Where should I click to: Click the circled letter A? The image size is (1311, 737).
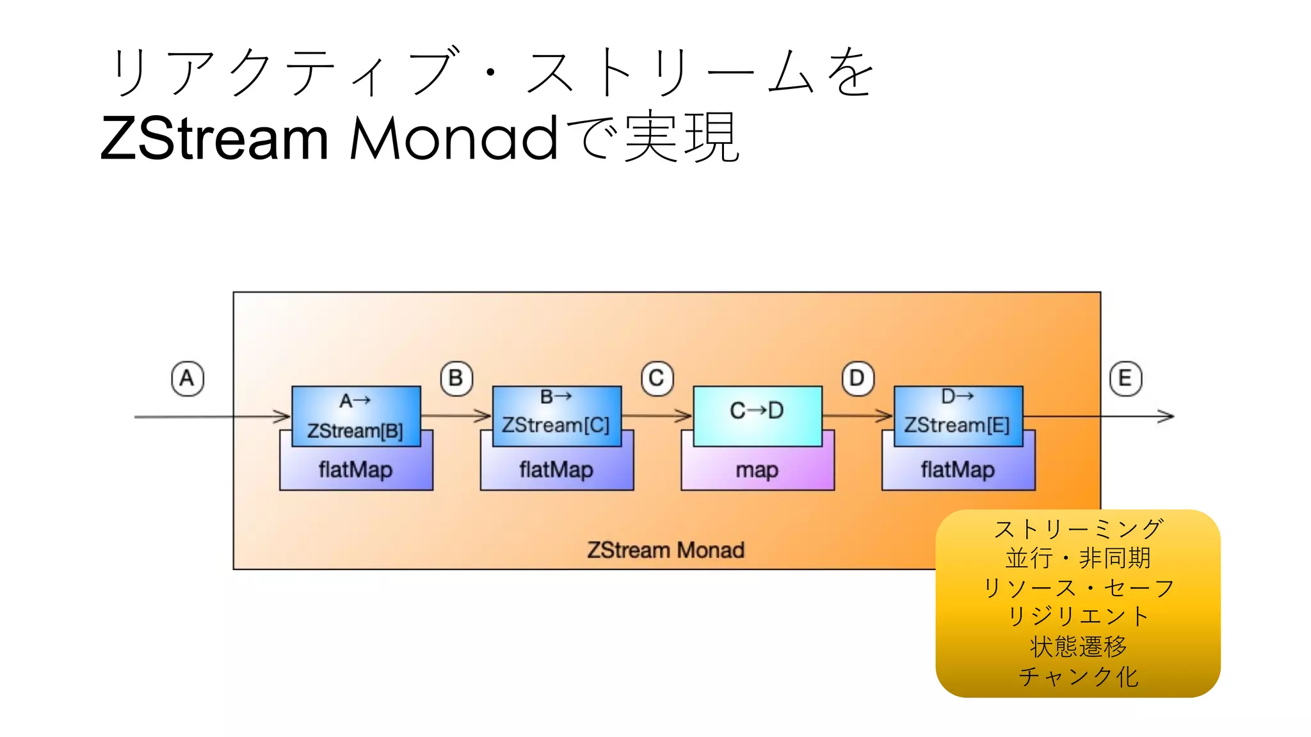[187, 378]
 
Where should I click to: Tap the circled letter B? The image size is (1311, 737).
[456, 378]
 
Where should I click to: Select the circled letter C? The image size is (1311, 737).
[657, 378]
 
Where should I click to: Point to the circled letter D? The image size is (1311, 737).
[857, 378]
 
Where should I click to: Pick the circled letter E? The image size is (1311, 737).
[1125, 378]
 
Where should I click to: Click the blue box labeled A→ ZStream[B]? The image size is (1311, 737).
[356, 416]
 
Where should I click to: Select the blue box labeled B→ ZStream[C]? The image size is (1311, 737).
[556, 416]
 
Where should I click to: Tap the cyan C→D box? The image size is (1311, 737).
[757, 415]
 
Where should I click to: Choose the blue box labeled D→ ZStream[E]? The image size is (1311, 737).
[958, 416]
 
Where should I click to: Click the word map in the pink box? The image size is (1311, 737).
[757, 470]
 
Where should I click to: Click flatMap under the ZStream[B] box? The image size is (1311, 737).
[356, 470]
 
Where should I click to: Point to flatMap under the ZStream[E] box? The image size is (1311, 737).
[958, 470]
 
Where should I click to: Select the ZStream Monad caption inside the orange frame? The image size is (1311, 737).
[666, 550]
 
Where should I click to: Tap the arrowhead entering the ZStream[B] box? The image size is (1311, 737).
[283, 416]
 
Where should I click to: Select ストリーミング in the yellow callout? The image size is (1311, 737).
[1078, 529]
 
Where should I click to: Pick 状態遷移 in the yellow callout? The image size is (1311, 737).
[1078, 646]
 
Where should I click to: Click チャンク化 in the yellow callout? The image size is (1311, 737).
[1078, 676]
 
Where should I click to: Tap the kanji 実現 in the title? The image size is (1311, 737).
[682, 138]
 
